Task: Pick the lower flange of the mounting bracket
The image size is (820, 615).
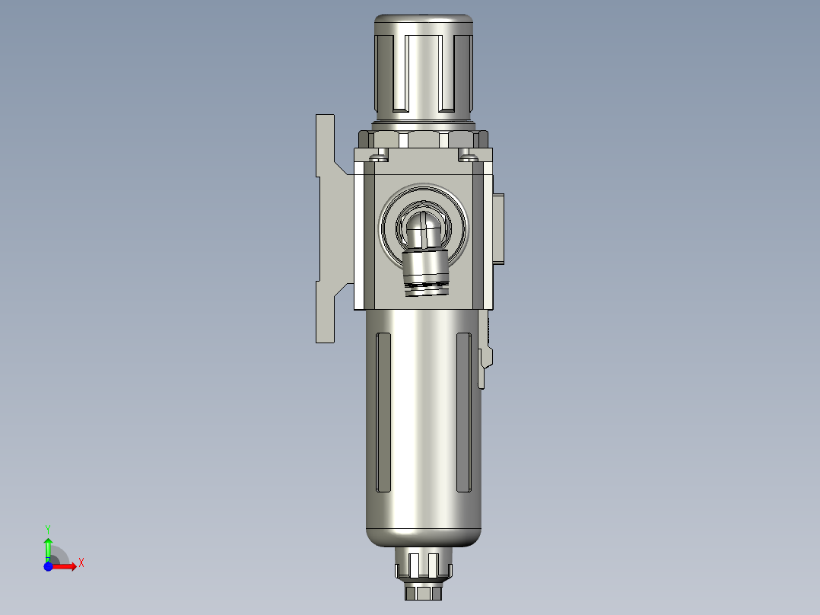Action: [326, 312]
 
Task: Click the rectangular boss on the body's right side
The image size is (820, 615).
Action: [498, 228]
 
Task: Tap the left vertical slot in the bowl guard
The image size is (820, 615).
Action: [384, 411]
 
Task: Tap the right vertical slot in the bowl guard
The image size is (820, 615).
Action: [463, 411]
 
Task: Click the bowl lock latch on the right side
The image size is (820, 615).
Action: [485, 358]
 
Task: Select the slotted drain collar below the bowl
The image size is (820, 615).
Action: [424, 566]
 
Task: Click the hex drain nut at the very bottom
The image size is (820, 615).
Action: [424, 592]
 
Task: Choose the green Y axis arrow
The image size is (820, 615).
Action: [48, 546]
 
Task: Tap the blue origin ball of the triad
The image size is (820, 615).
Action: [48, 566]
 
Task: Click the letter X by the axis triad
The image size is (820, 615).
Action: [81, 563]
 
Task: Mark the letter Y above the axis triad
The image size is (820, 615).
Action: [48, 527]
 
